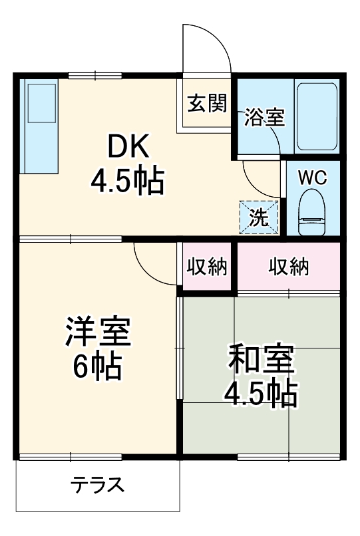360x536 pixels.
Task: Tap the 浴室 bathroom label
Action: (x=264, y=117)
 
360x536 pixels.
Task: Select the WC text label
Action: (x=311, y=178)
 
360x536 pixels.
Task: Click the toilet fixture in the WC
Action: (x=311, y=211)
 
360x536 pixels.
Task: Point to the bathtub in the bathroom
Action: (x=317, y=116)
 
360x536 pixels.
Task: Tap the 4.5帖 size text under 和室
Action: (x=260, y=394)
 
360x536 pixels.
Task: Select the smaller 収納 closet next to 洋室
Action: (x=207, y=267)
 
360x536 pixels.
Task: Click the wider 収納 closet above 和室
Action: (x=289, y=267)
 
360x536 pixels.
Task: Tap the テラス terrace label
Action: (x=98, y=484)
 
